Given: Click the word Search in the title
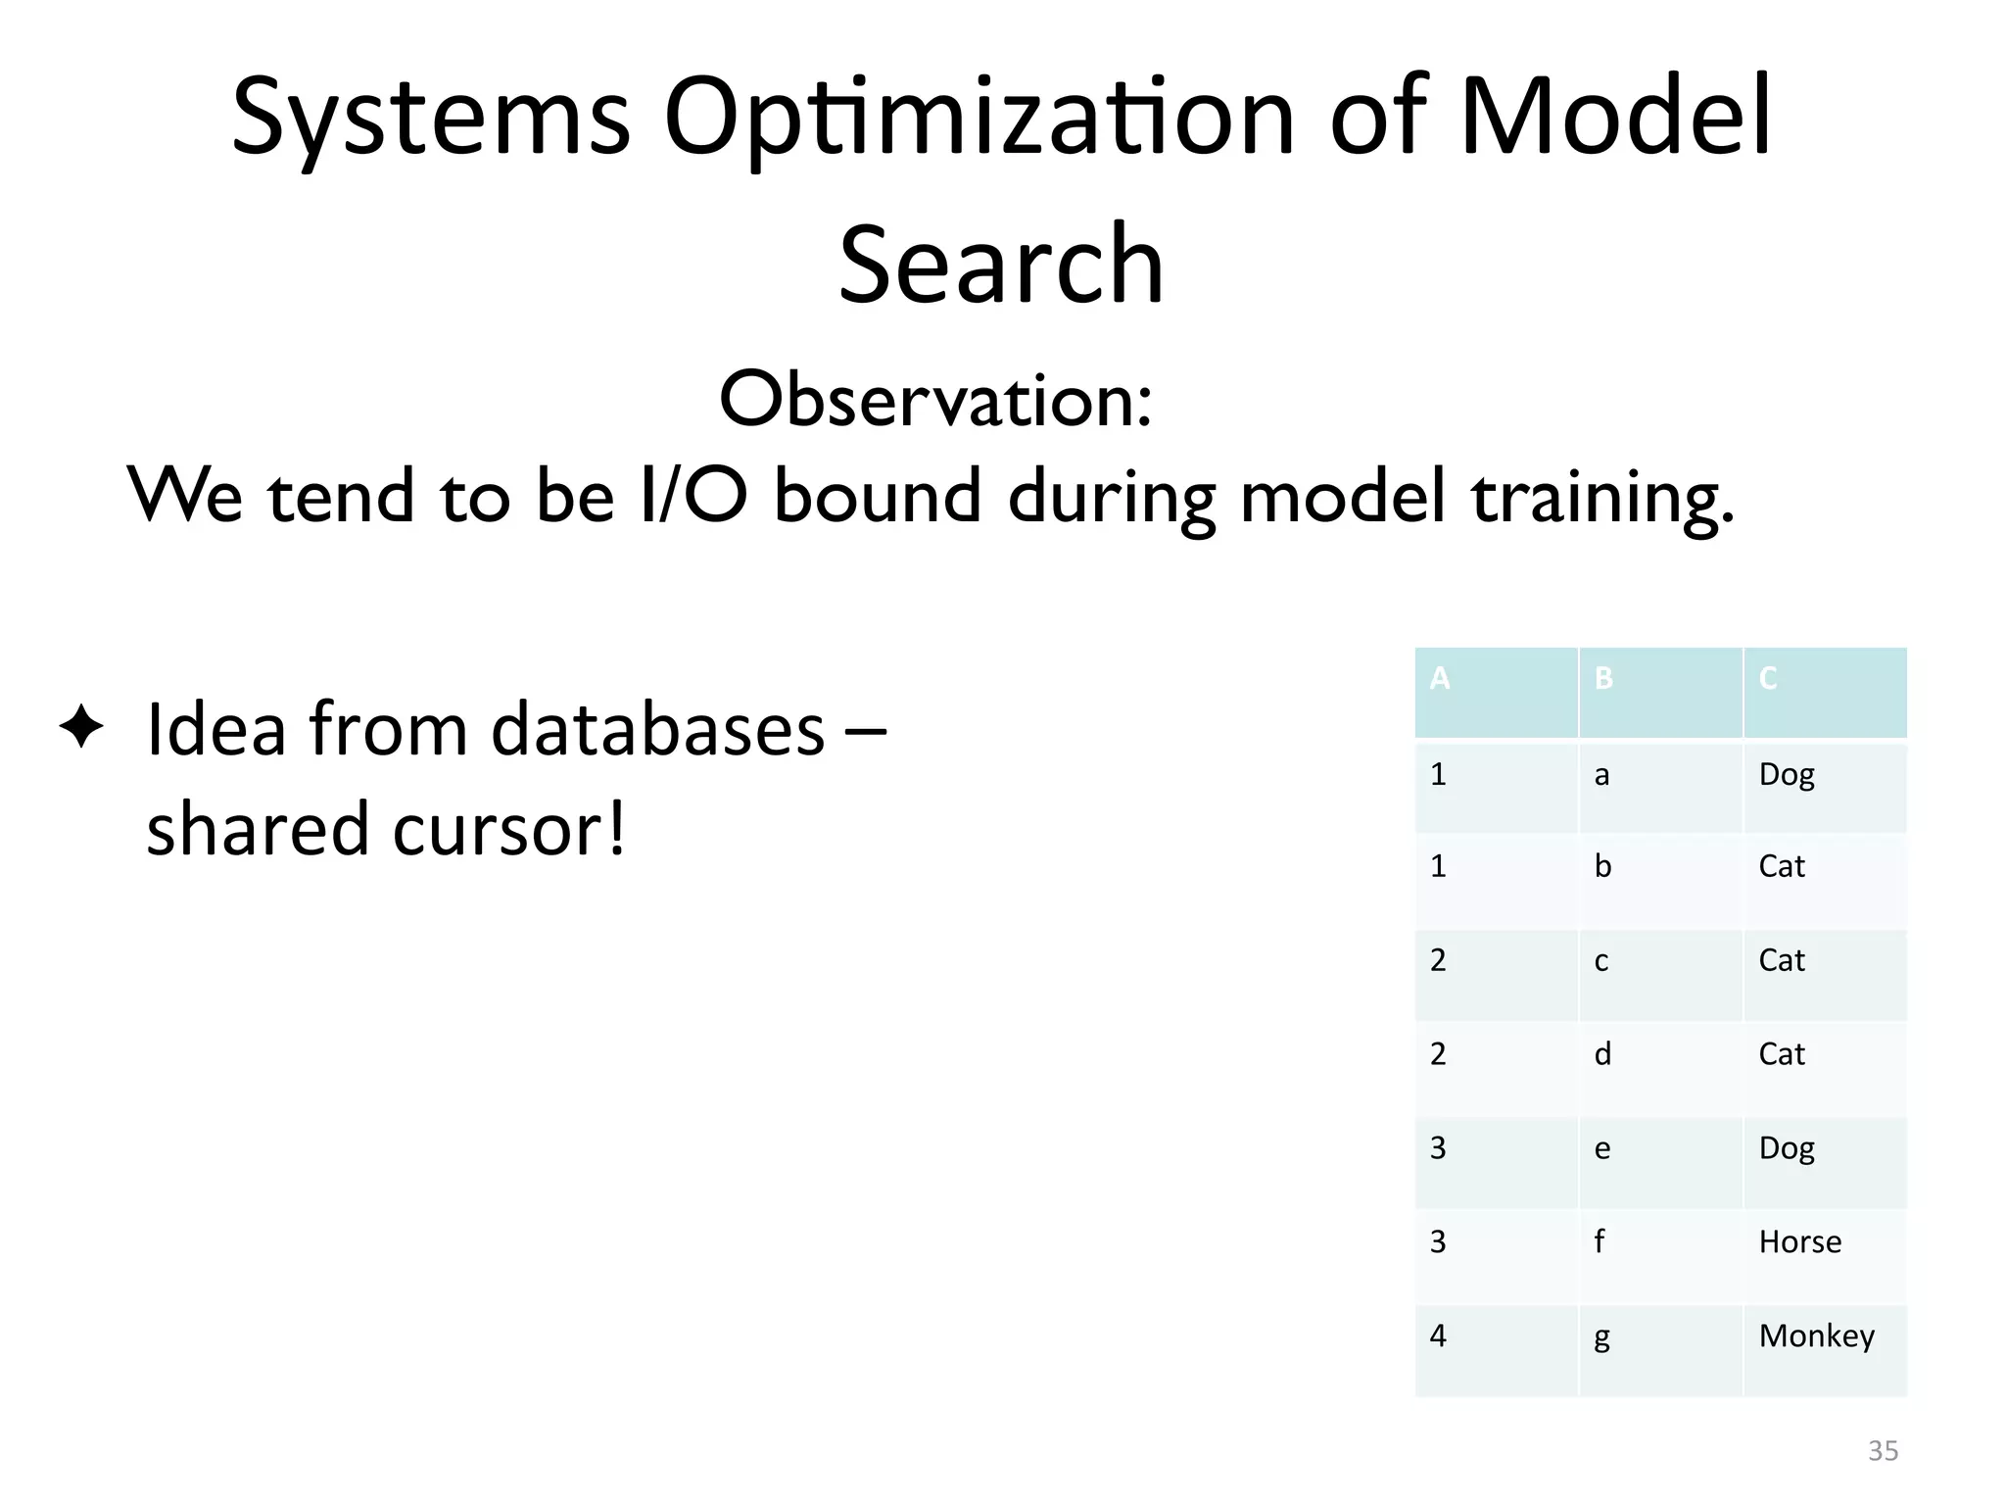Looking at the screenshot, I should click(x=1001, y=264).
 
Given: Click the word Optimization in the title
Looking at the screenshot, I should click(x=979, y=118).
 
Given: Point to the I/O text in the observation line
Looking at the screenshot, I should click(x=693, y=495).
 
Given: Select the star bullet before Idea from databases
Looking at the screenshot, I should click(x=81, y=729).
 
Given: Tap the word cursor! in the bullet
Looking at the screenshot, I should click(x=508, y=829).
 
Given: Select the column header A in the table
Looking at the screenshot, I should click(x=1439, y=678).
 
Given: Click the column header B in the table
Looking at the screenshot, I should click(x=1603, y=678).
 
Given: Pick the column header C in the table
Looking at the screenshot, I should click(x=1768, y=678).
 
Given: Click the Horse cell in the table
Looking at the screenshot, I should click(x=1799, y=1242).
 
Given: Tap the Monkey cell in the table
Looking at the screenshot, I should click(x=1816, y=1336).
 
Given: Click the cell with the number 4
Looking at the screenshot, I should click(x=1438, y=1336).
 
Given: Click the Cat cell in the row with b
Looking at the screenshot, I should click(x=1782, y=867).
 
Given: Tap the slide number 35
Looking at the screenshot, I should click(x=1883, y=1451).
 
